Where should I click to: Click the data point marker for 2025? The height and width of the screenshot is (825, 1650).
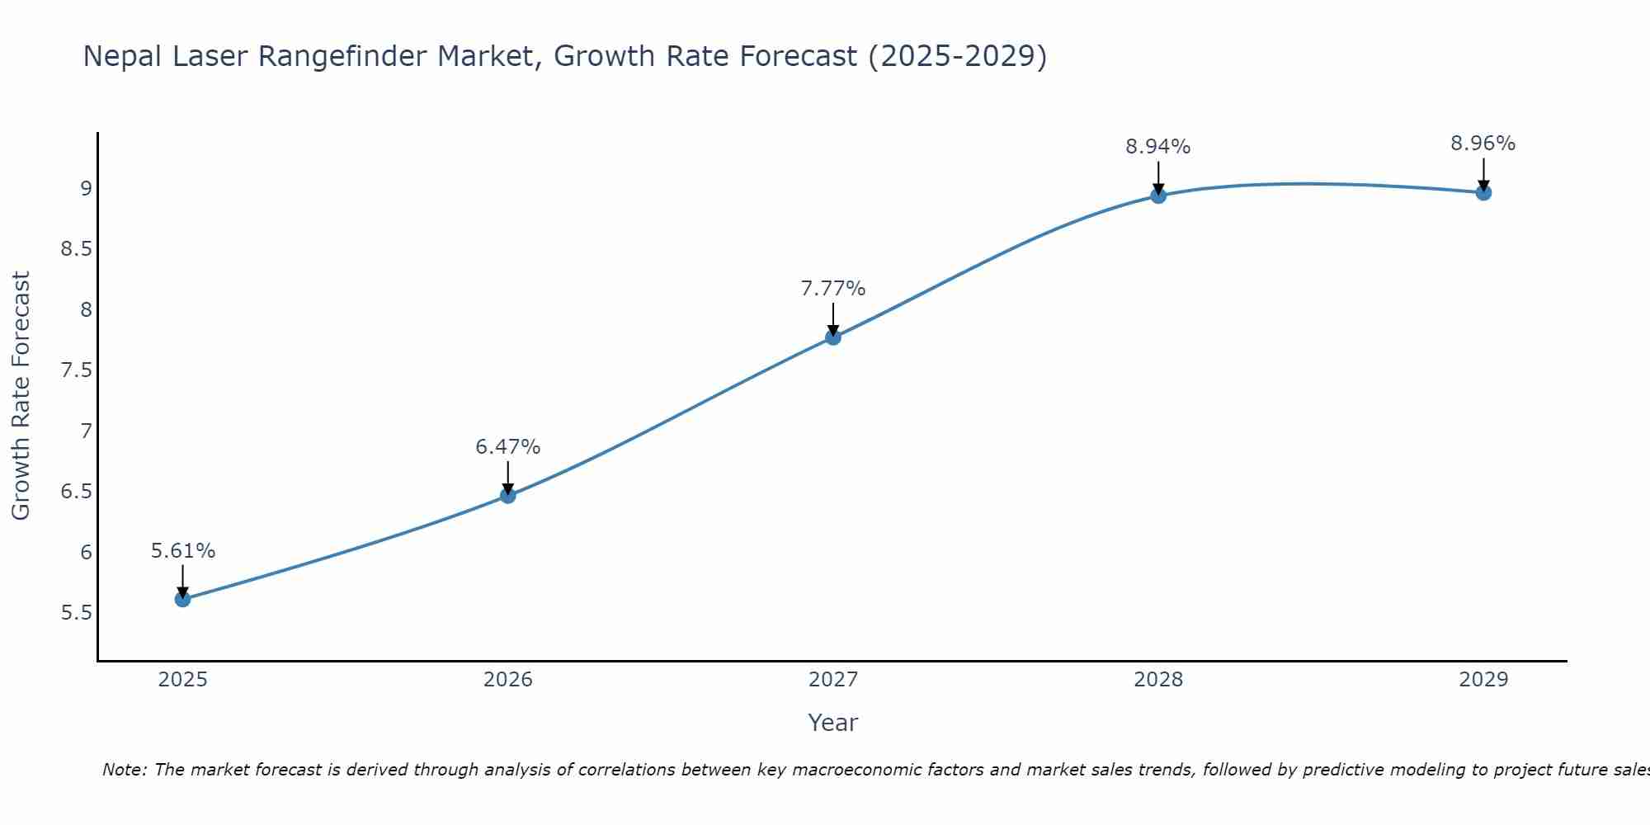tap(183, 599)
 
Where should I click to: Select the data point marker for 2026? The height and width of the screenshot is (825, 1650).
tap(508, 495)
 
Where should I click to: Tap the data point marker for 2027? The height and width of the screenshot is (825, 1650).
tap(833, 337)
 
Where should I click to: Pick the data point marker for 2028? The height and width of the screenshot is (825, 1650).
tap(1158, 196)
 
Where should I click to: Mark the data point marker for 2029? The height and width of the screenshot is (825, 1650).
tap(1483, 193)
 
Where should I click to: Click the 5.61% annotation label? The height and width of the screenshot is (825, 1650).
tap(183, 551)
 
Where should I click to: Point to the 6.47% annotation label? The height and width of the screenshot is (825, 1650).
tap(508, 447)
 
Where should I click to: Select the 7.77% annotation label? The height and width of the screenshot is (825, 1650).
tap(833, 289)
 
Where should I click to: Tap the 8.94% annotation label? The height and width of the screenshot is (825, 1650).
tap(1158, 147)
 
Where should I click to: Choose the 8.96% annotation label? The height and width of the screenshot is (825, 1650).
tap(1483, 144)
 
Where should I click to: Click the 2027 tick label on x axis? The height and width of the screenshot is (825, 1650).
tap(833, 680)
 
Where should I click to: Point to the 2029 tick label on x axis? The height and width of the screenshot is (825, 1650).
tap(1483, 680)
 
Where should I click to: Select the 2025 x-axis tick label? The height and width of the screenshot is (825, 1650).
tap(183, 680)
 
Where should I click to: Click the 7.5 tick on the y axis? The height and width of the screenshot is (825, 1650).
tap(77, 370)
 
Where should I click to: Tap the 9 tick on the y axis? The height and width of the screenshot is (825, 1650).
tap(86, 189)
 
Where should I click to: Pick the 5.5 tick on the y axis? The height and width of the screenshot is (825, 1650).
tap(77, 613)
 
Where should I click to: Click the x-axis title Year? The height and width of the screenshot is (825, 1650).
tap(833, 723)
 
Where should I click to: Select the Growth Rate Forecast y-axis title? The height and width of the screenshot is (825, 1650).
tap(21, 396)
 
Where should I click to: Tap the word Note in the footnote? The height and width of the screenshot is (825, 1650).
tap(124, 770)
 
